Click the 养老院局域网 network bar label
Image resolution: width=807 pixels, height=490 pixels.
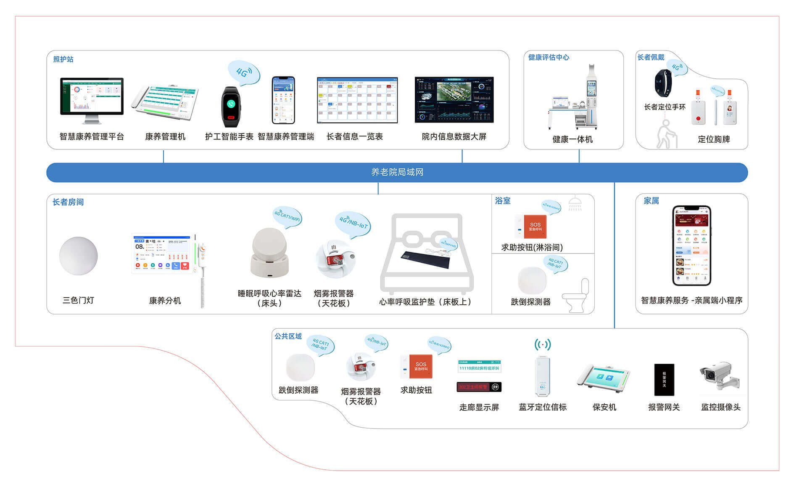pyautogui.click(x=397, y=172)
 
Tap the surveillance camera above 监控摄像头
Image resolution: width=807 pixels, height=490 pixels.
pyautogui.click(x=718, y=375)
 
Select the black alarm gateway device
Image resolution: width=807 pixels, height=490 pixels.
pyautogui.click(x=664, y=379)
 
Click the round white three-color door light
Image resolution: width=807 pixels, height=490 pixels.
pyautogui.click(x=79, y=256)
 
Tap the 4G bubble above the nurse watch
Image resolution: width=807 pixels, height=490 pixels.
pyautogui.click(x=243, y=72)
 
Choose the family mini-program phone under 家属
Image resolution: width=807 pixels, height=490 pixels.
pyautogui.click(x=691, y=245)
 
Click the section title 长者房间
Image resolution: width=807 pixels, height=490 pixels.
pyautogui.click(x=68, y=202)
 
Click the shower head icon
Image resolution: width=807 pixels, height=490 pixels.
pyautogui.click(x=575, y=203)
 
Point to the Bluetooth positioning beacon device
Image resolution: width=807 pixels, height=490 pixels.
pyautogui.click(x=542, y=376)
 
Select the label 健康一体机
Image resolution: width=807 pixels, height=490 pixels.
pyautogui.click(x=572, y=139)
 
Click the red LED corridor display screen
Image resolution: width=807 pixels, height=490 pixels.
pyautogui.click(x=479, y=387)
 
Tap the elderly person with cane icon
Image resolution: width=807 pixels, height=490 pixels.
pyautogui.click(x=666, y=134)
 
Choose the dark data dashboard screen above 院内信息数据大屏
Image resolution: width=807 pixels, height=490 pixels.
pyautogui.click(x=454, y=100)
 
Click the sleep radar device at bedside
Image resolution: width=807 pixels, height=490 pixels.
pyautogui.click(x=269, y=253)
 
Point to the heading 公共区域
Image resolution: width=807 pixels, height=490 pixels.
pyautogui.click(x=288, y=336)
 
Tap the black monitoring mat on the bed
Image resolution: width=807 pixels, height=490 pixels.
pyautogui.click(x=425, y=259)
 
